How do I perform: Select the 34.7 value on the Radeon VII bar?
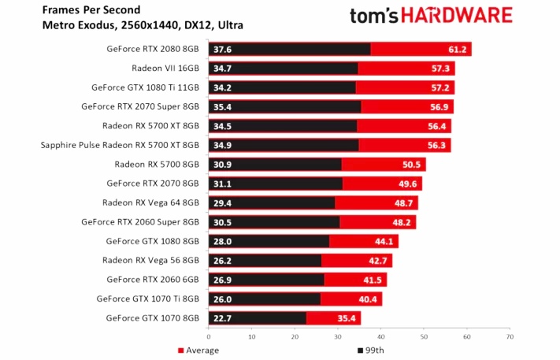221,69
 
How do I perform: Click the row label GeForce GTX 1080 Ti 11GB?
146,87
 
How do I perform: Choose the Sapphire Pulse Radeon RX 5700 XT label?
120,145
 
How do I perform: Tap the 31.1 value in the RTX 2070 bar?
221,184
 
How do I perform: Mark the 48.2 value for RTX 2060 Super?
403,222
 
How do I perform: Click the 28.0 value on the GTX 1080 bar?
221,241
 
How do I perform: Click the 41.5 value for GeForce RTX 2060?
374,280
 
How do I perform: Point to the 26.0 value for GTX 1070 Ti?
221,299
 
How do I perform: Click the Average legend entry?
198,350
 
